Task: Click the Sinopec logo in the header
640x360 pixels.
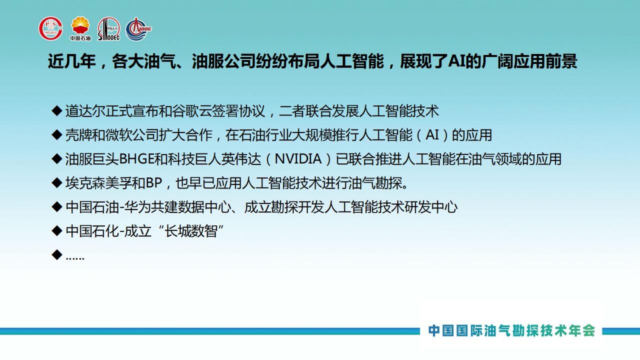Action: pos(109,29)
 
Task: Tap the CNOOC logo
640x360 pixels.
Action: pos(138,29)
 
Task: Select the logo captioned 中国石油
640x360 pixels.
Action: pos(80,28)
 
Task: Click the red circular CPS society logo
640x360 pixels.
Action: pos(51,28)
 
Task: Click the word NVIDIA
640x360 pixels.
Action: pos(298,159)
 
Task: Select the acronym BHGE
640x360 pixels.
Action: pos(136,159)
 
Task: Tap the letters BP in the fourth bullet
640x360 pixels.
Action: pos(154,183)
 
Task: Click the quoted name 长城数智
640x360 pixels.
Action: pos(191,231)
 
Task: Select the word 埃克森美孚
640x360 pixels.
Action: pos(98,183)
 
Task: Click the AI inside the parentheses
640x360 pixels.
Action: pos(432,135)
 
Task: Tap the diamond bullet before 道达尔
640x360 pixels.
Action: pos(57,111)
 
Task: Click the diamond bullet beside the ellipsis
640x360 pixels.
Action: pos(57,254)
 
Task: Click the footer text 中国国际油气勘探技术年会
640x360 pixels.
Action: pos(511,331)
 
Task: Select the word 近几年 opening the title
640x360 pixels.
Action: pos(71,61)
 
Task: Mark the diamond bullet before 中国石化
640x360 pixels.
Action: pos(57,231)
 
